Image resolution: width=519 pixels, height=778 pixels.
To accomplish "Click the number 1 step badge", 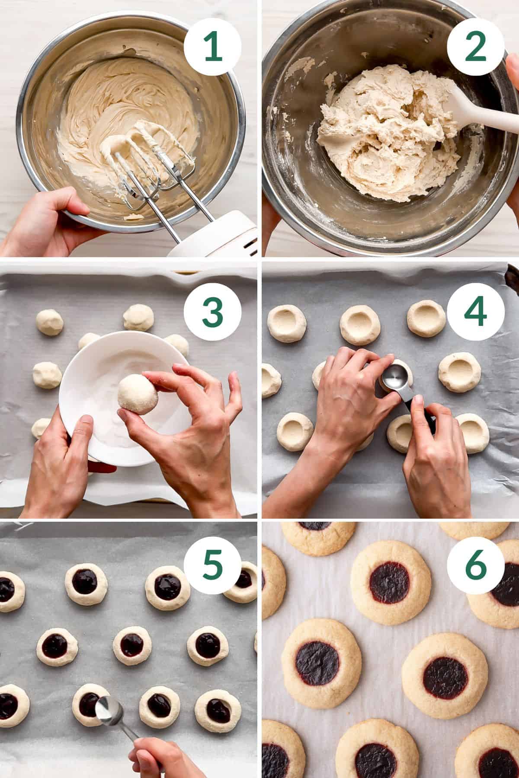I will point(212,47).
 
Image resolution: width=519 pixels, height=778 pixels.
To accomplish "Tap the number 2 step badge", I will point(475,47).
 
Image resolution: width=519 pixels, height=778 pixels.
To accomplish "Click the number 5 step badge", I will point(212,567).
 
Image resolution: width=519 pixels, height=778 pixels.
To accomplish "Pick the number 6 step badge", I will point(475,567).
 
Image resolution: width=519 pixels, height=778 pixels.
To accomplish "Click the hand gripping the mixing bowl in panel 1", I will point(48,220).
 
